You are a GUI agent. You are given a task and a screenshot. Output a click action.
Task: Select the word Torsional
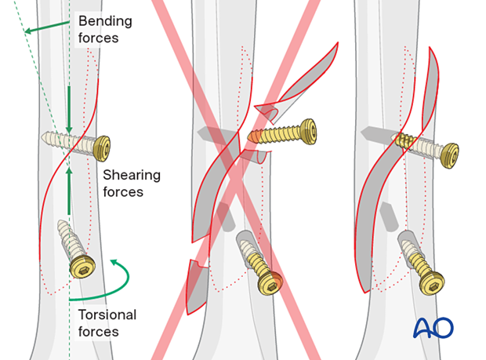coord(107,315)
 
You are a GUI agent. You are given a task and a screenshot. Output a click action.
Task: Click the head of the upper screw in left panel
coord(101,147)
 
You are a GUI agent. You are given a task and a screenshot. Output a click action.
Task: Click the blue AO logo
coord(433,328)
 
